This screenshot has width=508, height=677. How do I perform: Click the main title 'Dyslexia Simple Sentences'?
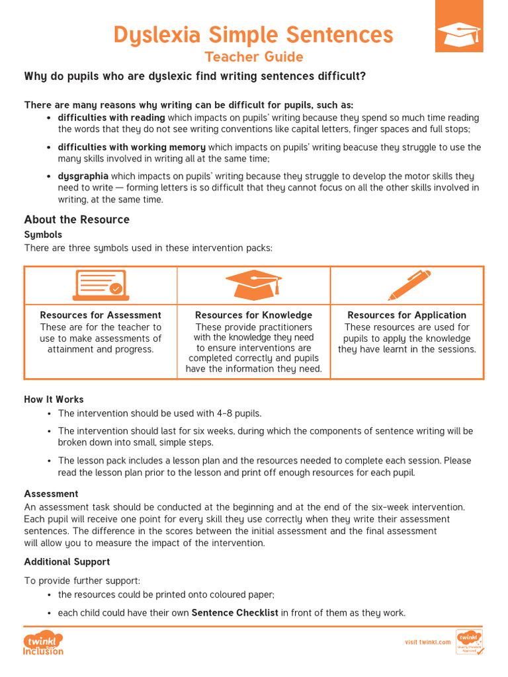point(253,34)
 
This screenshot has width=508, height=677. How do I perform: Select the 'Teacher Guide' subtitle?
point(253,57)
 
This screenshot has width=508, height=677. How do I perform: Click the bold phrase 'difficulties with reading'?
point(111,118)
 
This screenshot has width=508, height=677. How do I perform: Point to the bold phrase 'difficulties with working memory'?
point(132,147)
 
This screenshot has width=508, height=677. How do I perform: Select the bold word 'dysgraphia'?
point(83,176)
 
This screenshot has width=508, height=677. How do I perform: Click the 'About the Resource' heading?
point(77,219)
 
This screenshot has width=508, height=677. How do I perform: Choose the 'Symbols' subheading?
point(43,235)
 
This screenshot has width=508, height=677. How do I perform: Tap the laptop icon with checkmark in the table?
point(101,285)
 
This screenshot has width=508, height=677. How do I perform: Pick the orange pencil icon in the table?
point(408,285)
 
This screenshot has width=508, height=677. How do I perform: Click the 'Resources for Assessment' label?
point(101,315)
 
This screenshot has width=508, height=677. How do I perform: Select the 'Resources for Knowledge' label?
point(253,315)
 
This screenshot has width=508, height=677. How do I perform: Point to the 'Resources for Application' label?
point(407,315)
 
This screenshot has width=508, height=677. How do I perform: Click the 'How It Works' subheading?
point(54,399)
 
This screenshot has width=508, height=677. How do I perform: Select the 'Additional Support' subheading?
point(67,561)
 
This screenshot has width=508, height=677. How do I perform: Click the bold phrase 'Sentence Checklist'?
point(235,613)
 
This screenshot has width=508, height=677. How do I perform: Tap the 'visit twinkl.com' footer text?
point(427,642)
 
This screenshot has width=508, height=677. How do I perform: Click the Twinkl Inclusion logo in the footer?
point(44,643)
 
